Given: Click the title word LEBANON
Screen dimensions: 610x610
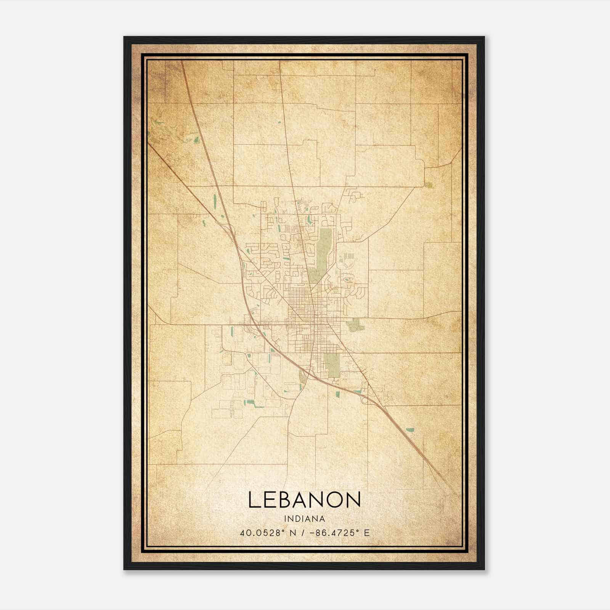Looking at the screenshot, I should pos(304,499).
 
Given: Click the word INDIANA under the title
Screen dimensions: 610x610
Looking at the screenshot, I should pos(304,519).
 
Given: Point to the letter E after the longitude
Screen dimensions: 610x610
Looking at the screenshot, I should pos(367,533).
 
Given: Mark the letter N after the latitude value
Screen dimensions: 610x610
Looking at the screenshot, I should pos(293,533).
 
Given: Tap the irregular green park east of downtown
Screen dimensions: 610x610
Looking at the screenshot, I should pos(355,324).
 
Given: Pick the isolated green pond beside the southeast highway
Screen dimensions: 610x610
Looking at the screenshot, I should pos(410,430).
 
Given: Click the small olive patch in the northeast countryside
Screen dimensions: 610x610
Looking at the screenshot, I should pos(429,185).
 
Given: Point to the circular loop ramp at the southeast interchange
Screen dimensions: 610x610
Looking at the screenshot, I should pos(364,399).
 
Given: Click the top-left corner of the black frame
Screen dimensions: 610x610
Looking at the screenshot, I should pos(124,37).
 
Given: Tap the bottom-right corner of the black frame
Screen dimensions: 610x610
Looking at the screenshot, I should pos(484,569).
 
